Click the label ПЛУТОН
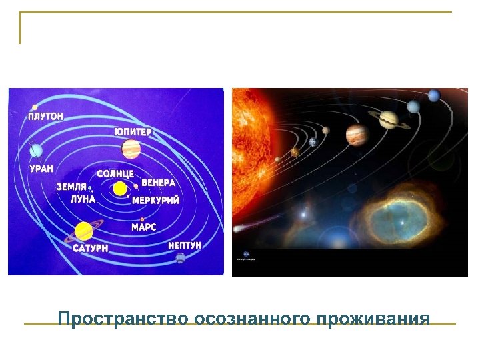pos(46,115)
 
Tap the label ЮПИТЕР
pos(133,132)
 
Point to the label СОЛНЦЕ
pos(116,173)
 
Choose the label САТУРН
pos(91,248)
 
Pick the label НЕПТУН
pos(185,245)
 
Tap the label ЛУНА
pos(83,199)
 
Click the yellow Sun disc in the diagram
pos(120,189)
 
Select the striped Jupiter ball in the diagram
pos(132,148)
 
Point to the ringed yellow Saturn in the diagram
pos(84,231)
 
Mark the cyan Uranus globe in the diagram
pos(37,152)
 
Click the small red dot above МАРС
pos(143,219)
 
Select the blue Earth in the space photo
pos(312,142)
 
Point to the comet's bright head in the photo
pos(305,215)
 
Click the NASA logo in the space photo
pos(246,255)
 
